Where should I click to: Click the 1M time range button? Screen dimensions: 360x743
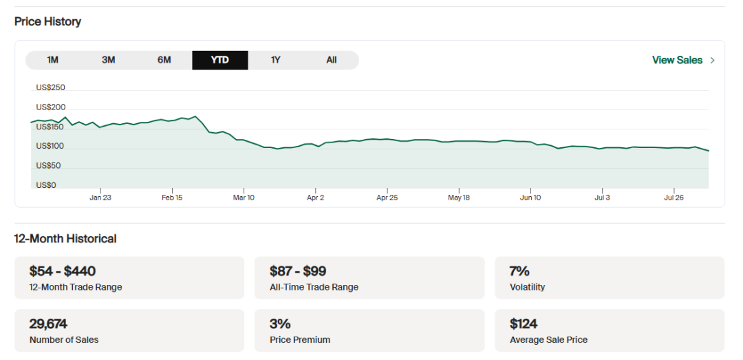52,60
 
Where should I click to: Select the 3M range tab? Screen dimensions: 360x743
108,60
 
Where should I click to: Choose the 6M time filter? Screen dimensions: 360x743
164,60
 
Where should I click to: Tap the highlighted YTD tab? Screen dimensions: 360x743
219,60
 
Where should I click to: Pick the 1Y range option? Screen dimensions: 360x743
275,60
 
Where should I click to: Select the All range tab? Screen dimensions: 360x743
331,60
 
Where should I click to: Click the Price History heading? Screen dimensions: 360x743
47,21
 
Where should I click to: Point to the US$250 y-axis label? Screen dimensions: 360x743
50,87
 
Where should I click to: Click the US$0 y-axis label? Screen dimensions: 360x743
45,185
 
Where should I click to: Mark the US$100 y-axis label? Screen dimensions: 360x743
50,146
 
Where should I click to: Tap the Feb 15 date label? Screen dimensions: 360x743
171,198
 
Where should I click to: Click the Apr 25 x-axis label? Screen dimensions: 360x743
387,198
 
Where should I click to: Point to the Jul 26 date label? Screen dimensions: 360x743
674,198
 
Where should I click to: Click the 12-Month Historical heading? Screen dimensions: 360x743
65,239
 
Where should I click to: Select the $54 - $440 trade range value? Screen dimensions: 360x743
63,271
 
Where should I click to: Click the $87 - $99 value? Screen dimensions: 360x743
297,271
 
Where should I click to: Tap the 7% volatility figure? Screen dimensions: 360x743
519,271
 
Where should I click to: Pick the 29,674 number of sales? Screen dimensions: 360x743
48,324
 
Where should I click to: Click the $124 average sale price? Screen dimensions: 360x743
524,324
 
